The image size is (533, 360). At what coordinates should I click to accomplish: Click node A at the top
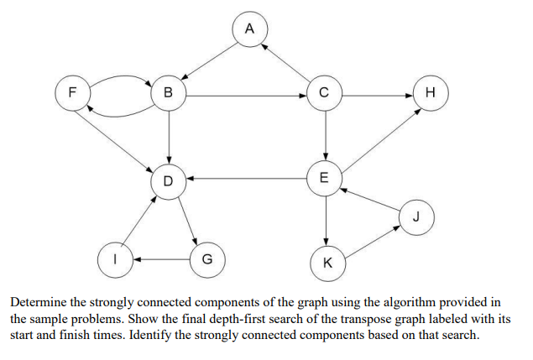(x=249, y=29)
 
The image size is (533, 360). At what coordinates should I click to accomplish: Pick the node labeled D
(x=169, y=180)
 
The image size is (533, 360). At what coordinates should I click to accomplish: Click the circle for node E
(x=325, y=178)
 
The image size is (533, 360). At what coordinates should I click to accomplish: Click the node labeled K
(x=327, y=263)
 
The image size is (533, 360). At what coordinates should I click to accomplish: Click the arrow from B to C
(x=247, y=94)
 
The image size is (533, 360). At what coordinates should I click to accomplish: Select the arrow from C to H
(x=378, y=94)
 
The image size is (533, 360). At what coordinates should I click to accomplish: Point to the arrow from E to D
(x=247, y=179)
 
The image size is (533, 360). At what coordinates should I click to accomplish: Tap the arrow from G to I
(x=160, y=258)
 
